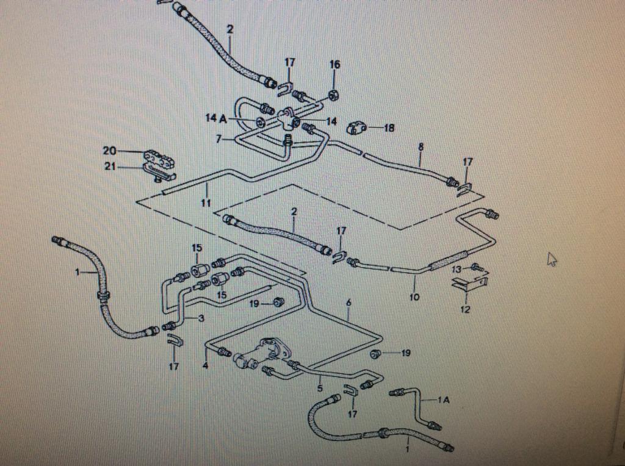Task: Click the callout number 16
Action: tap(335, 64)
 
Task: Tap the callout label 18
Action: tap(389, 128)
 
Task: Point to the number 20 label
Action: tap(109, 151)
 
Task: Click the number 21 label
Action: tap(110, 167)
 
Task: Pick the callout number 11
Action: tap(206, 203)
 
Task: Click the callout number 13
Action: tap(457, 269)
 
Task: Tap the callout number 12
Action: tap(465, 309)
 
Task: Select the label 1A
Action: tap(444, 400)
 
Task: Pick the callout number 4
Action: tap(205, 366)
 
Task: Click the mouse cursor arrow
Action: tap(552, 259)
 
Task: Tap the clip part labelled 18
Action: tap(358, 128)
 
